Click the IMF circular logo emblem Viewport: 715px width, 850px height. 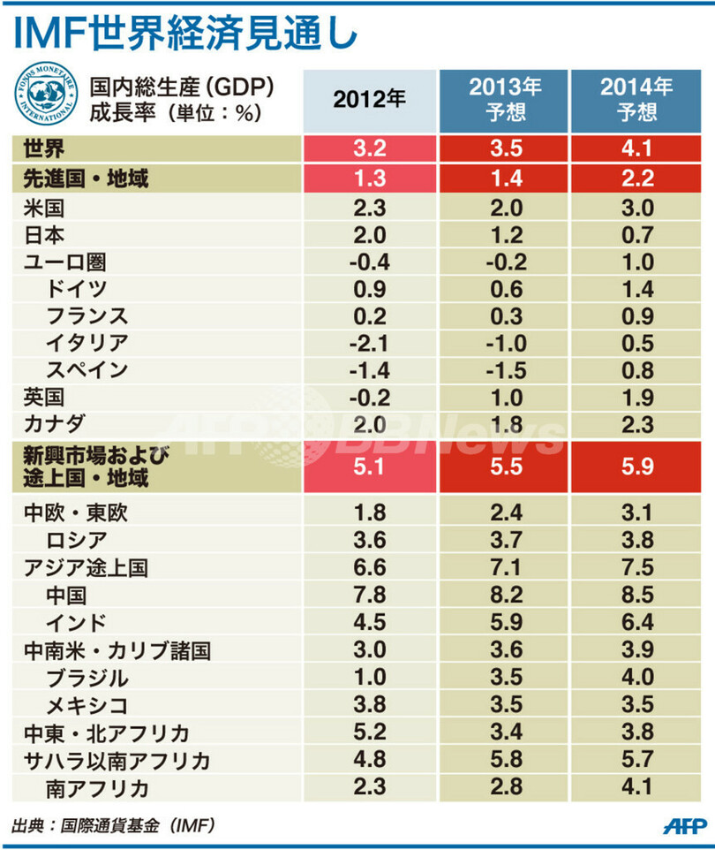(44, 99)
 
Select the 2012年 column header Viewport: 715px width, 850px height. (369, 100)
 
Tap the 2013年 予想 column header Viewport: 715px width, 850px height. (505, 100)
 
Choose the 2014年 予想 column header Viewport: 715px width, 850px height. (636, 100)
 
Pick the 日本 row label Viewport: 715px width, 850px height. (41, 234)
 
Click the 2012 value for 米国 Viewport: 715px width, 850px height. (369, 209)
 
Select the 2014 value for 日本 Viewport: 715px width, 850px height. (636, 235)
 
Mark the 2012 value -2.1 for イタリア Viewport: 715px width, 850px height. (369, 342)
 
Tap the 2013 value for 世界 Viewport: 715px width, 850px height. (505, 148)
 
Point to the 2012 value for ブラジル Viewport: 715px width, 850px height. (369, 679)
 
